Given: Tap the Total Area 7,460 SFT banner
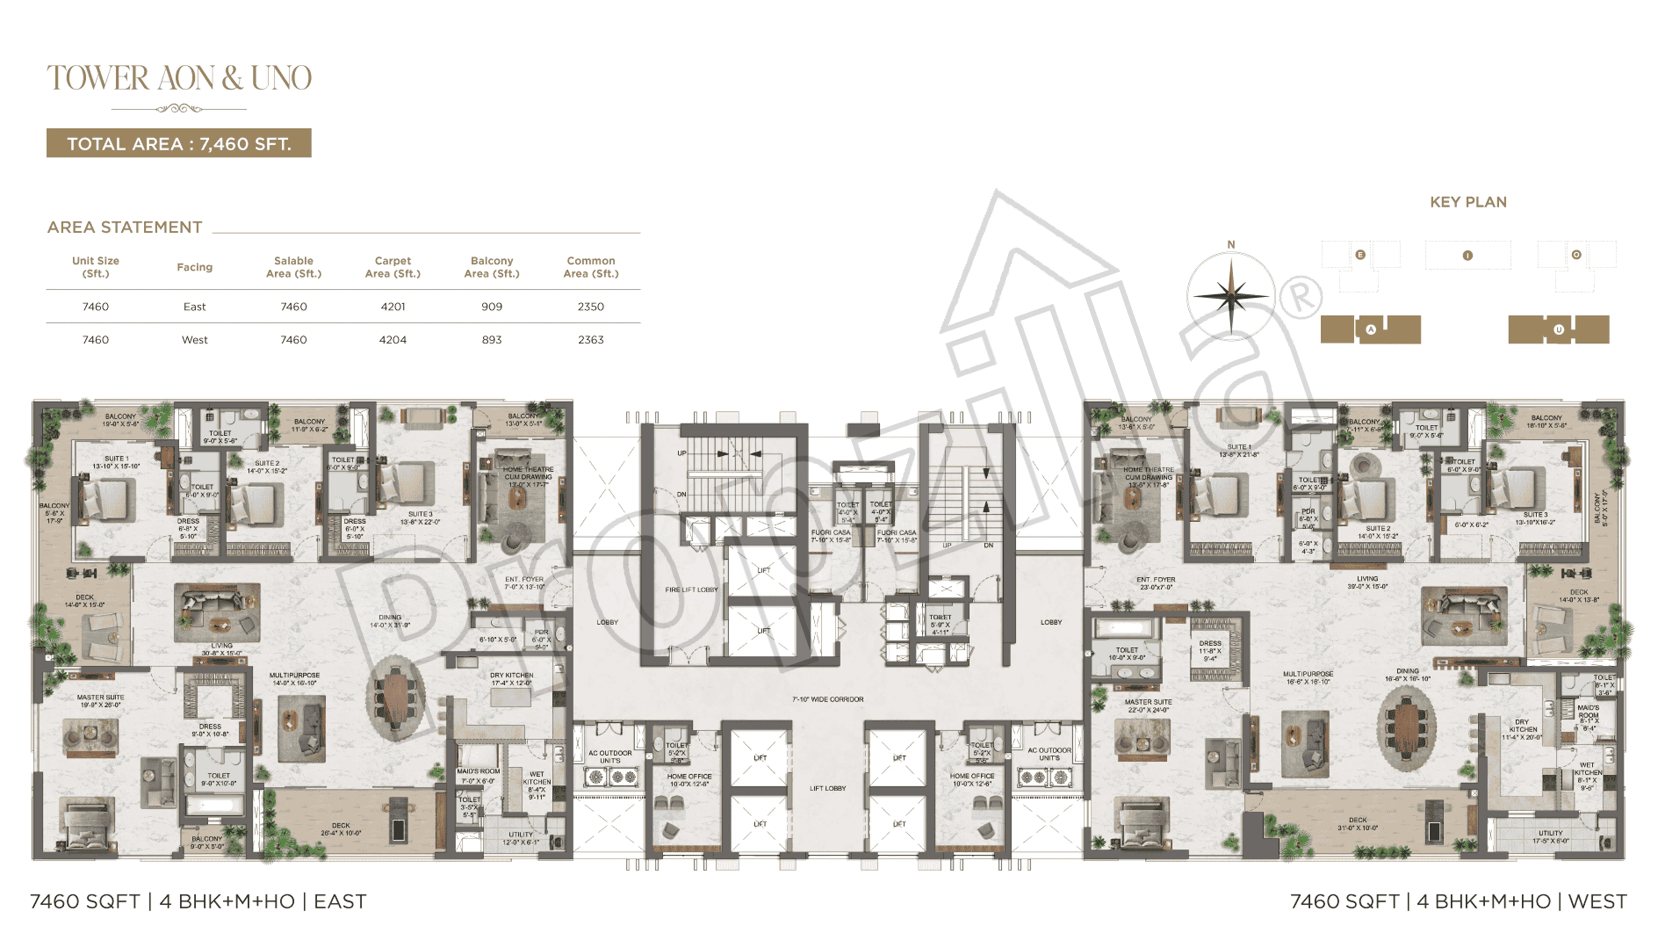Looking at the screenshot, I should pos(179,143).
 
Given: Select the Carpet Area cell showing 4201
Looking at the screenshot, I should pos(393,306).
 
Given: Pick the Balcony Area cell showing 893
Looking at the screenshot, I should pos(492,339).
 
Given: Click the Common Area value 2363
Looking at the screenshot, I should pos(590,339).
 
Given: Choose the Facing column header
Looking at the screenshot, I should pos(194,267).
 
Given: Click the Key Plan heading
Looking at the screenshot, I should pos(1468,202).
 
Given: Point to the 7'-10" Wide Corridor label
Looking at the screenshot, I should pos(828,699).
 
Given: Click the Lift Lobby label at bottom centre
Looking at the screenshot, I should pos(828,788).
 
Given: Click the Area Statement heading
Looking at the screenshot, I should pos(125,227).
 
